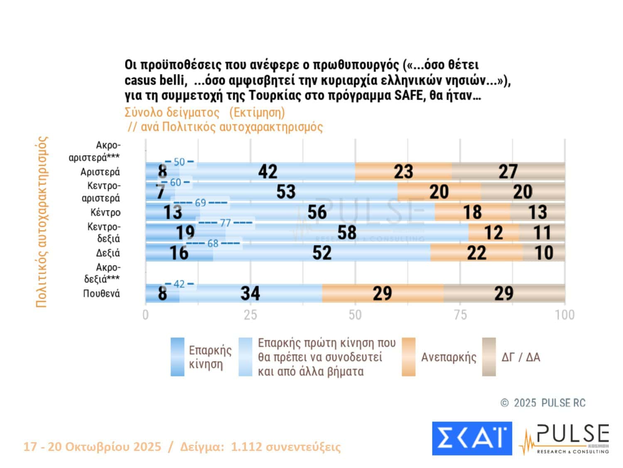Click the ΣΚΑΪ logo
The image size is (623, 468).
pyautogui.click(x=472, y=438)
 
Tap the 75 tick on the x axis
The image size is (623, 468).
pyautogui.click(x=460, y=315)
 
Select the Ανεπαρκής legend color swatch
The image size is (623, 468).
pyautogui.click(x=408, y=357)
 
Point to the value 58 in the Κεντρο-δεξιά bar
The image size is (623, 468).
pyautogui.click(x=346, y=233)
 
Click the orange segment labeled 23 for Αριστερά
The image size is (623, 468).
pyautogui.click(x=403, y=171)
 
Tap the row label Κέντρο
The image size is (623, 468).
pyautogui.click(x=105, y=213)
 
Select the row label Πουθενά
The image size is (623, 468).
pyautogui.click(x=101, y=294)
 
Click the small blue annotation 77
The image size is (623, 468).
pyautogui.click(x=225, y=223)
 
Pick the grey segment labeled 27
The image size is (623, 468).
pyautogui.click(x=508, y=171)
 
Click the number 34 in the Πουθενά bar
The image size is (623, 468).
pyautogui.click(x=250, y=293)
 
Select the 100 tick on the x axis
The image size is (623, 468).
pyautogui.click(x=564, y=315)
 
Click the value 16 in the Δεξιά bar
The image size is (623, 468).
pyautogui.click(x=179, y=253)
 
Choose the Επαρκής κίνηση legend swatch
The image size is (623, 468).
pyautogui.click(x=177, y=357)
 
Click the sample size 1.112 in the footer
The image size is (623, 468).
pyautogui.click(x=246, y=447)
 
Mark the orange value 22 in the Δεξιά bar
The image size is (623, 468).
pyautogui.click(x=476, y=253)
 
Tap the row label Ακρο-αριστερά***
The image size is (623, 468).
pyautogui.click(x=95, y=151)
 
